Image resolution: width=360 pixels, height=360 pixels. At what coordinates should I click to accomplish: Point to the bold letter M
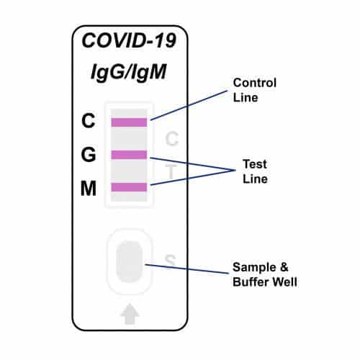point(88,189)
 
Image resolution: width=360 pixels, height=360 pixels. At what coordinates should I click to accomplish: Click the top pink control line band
point(129,122)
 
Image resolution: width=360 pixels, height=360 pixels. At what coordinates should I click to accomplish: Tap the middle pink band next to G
point(129,154)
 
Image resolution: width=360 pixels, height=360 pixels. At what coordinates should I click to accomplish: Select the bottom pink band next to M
point(129,187)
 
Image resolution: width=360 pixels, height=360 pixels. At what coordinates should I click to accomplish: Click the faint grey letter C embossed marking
point(171,139)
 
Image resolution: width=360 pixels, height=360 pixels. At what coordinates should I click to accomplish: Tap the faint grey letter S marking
point(171,260)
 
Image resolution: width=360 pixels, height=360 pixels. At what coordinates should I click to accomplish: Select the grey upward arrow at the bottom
point(130,315)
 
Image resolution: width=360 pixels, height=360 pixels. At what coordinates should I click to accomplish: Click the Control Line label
point(253,90)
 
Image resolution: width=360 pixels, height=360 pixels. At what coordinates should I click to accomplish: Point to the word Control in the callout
point(253,83)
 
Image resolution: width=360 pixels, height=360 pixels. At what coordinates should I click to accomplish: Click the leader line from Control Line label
point(191,104)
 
